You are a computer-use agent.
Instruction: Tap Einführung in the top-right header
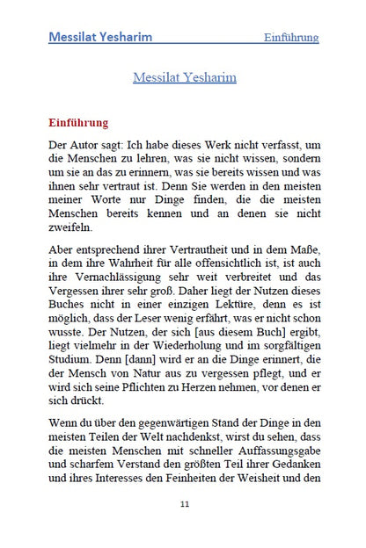pyautogui.click(x=290, y=38)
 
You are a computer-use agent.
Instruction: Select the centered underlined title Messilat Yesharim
pyautogui.click(x=184, y=77)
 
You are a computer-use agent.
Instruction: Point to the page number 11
pyautogui.click(x=184, y=502)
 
